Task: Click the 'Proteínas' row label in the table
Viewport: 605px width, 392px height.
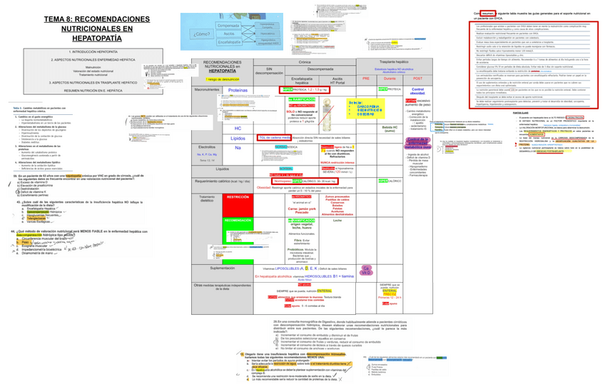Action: (x=238, y=91)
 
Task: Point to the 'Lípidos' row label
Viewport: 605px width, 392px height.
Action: (x=238, y=138)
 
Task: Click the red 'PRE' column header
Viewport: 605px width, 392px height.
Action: (x=366, y=78)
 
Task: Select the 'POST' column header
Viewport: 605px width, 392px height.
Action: (x=417, y=78)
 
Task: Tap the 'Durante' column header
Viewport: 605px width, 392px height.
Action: (x=390, y=78)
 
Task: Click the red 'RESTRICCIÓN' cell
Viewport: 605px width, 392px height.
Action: (x=238, y=196)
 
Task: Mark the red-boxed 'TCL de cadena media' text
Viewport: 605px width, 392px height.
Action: (x=274, y=136)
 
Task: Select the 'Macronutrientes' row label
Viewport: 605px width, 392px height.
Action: (x=207, y=90)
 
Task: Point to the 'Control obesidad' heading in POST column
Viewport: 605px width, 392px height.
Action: (x=417, y=91)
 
